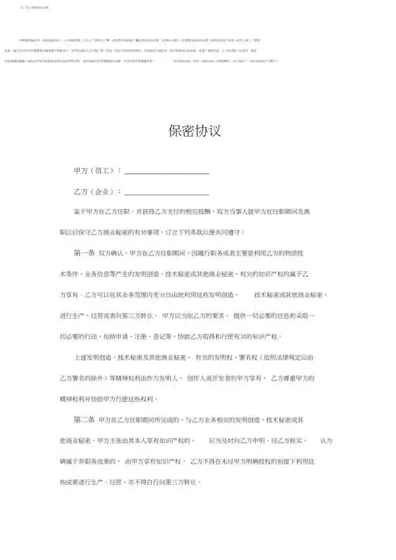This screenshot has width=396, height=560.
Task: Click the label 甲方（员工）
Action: point(97,170)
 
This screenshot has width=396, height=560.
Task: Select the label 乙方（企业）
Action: point(97,191)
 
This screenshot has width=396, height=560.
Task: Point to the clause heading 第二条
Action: point(83,419)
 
